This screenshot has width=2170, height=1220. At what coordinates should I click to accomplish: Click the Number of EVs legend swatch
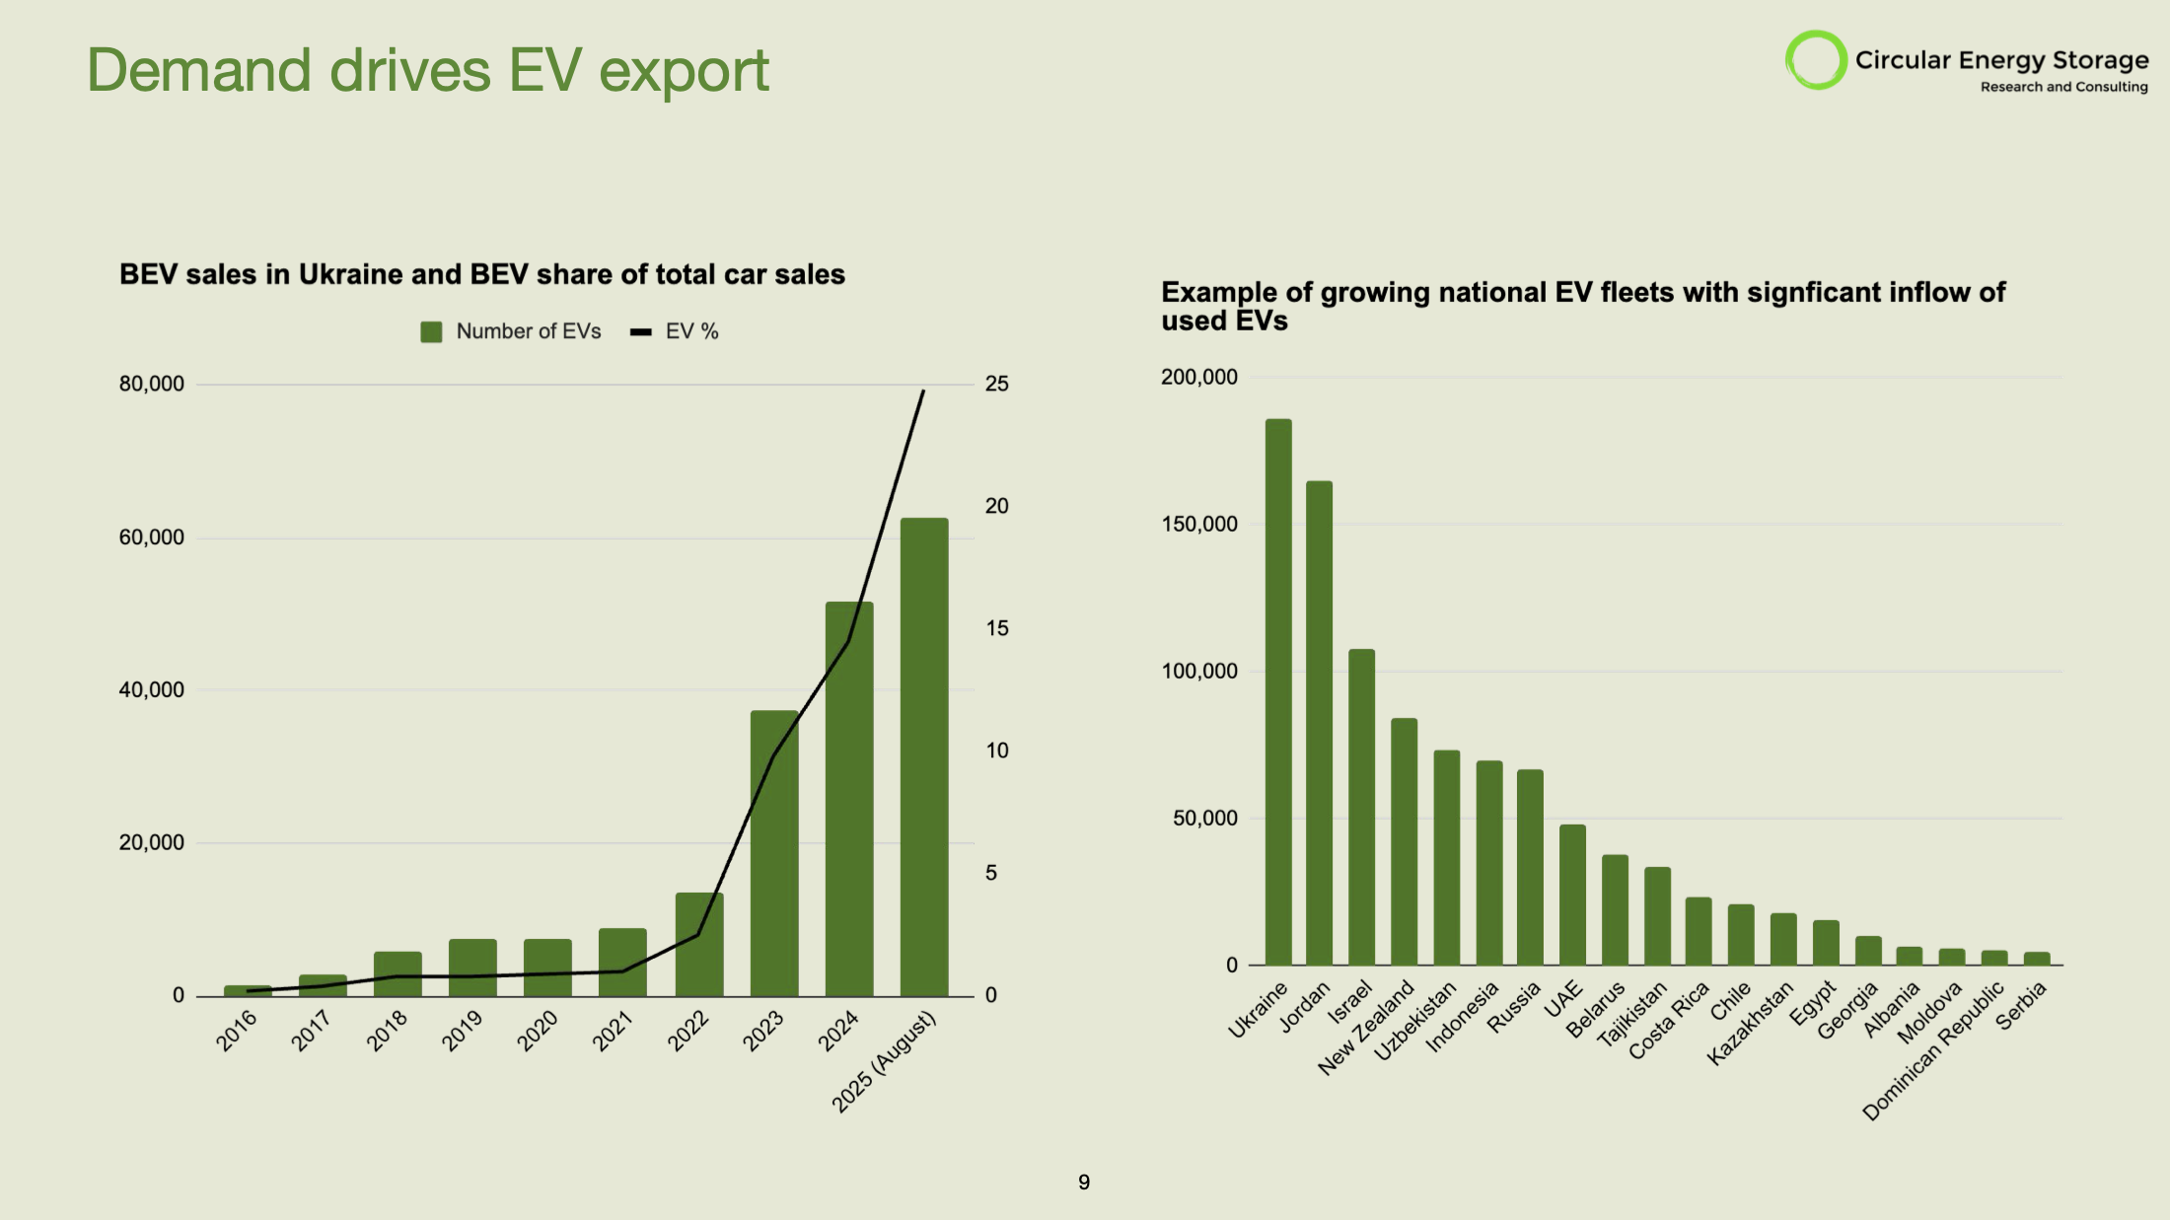(431, 332)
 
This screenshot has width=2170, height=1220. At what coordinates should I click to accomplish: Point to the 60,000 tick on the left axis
(151, 538)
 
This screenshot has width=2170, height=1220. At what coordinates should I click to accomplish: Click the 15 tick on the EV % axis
(996, 628)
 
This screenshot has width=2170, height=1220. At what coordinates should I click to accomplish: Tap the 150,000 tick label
(1198, 525)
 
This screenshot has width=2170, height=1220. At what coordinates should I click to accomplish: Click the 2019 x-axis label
(462, 1030)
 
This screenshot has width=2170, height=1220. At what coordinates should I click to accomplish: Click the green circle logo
(1816, 60)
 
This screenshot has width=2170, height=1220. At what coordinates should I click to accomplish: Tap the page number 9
(1084, 1183)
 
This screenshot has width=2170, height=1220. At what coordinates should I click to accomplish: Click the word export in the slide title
(683, 71)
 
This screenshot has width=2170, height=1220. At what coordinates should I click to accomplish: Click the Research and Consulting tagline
(2063, 87)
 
